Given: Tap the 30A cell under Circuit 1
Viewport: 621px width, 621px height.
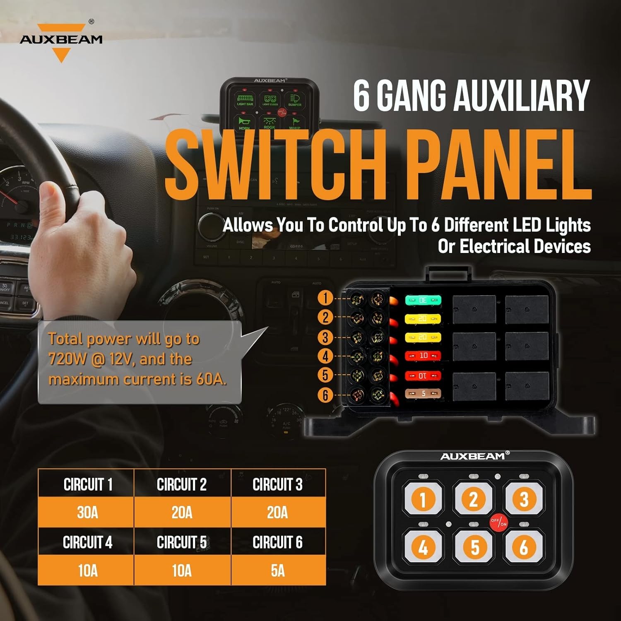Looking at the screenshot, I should pos(87,513).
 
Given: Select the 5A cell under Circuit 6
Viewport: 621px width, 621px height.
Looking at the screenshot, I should pos(278,570).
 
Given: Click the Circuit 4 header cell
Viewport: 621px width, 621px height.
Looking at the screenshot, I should pos(87,542).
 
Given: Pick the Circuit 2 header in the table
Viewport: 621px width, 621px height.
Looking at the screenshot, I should pos(182,484).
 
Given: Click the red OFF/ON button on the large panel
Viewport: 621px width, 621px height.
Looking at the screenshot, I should pos(498,522).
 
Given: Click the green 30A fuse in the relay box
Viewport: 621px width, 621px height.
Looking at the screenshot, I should pos(423,300).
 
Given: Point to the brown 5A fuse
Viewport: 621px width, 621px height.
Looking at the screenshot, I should pos(423,394).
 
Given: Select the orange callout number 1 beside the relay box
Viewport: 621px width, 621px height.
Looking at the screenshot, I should pos(325,298).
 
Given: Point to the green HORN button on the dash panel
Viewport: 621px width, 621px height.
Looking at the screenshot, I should pos(244,123).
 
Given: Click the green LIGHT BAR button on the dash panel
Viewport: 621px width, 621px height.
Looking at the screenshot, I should pos(245,100).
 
